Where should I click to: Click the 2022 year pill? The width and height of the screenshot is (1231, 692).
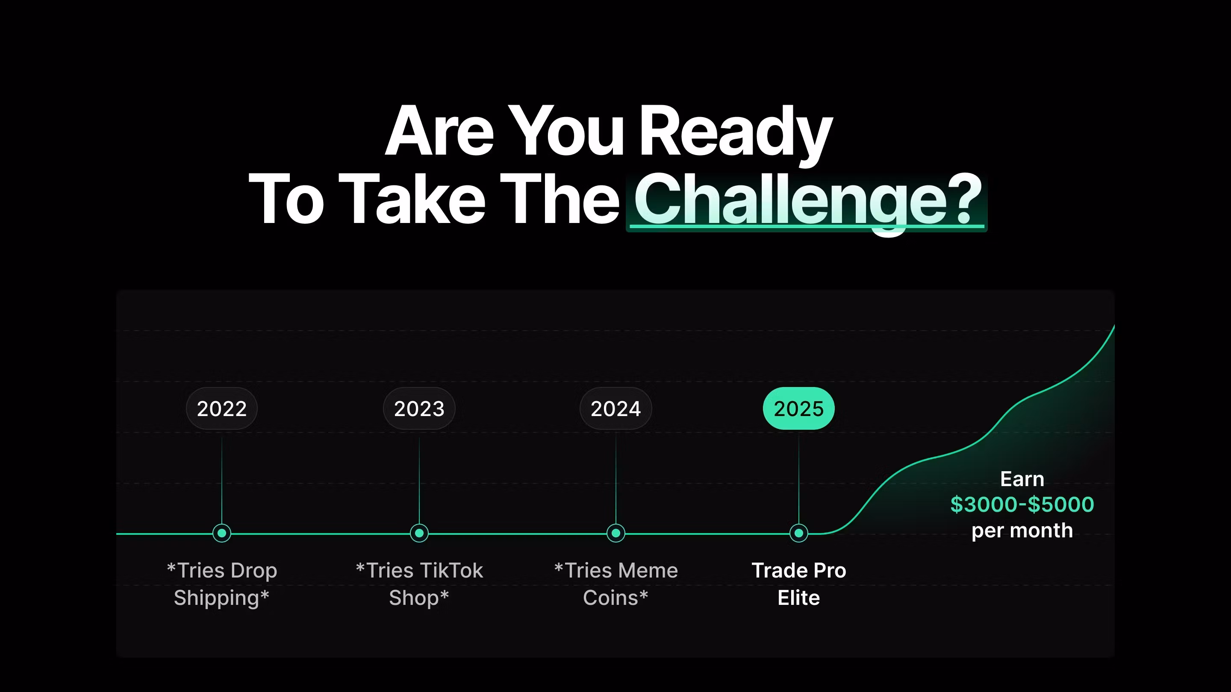pyautogui.click(x=222, y=408)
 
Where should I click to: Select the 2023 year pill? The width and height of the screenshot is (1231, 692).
pyautogui.click(x=419, y=408)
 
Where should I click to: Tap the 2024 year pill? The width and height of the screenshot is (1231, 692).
pyautogui.click(x=615, y=408)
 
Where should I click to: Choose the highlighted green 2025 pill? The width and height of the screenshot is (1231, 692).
pyautogui.click(x=798, y=408)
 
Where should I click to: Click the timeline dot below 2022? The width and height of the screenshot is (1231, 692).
pyautogui.click(x=222, y=533)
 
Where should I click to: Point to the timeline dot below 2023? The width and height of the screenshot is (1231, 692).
pyautogui.click(x=419, y=533)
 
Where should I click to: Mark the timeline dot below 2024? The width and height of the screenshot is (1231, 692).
pyautogui.click(x=615, y=533)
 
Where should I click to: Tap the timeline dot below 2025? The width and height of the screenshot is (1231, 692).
pyautogui.click(x=798, y=533)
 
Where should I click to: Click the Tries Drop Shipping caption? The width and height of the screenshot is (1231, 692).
pyautogui.click(x=222, y=584)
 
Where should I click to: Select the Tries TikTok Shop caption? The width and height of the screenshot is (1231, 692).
pyautogui.click(x=419, y=584)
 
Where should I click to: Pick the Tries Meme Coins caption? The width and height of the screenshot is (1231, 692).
pyautogui.click(x=615, y=584)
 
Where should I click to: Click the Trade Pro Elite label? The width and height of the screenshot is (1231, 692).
pyautogui.click(x=798, y=584)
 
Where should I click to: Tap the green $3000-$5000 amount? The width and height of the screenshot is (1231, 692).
pyautogui.click(x=1022, y=504)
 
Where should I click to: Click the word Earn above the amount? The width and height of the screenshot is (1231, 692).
pyautogui.click(x=1022, y=479)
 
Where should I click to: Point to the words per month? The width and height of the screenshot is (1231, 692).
pyautogui.click(x=1022, y=531)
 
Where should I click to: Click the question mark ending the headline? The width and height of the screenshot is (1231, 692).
pyautogui.click(x=965, y=198)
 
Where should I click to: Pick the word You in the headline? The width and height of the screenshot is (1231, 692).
pyautogui.click(x=566, y=130)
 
